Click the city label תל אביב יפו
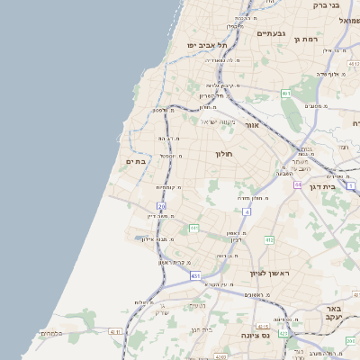[x=205, y=44]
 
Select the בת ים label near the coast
[x=135, y=161]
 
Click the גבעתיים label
[x=271, y=33]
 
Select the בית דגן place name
[x=343, y=186]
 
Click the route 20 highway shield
[x=162, y=207]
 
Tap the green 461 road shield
[x=285, y=93]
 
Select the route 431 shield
[x=195, y=275]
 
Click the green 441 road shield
[x=193, y=229]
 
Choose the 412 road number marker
[x=269, y=240]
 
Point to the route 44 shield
[x=297, y=184]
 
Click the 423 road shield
[x=284, y=333]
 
